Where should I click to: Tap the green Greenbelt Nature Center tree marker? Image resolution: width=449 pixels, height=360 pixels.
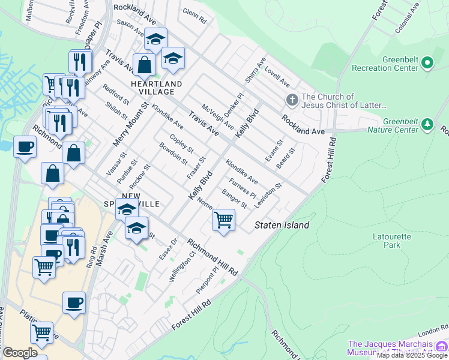[x=427, y=124]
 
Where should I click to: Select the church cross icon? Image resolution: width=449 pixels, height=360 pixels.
[x=292, y=100]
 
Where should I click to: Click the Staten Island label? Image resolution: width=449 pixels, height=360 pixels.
[x=282, y=225]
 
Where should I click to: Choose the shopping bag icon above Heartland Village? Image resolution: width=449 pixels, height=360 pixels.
[x=144, y=65]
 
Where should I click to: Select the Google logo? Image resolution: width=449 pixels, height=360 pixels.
[x=20, y=353]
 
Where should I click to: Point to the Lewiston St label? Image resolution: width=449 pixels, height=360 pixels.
[x=268, y=196]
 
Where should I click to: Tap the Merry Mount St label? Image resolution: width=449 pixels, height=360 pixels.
[x=130, y=124]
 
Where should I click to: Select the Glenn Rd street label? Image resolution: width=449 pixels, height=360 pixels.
[x=194, y=16]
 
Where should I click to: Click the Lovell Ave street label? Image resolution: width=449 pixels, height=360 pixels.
[x=277, y=76]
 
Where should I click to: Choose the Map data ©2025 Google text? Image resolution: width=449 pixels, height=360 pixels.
[x=412, y=356]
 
